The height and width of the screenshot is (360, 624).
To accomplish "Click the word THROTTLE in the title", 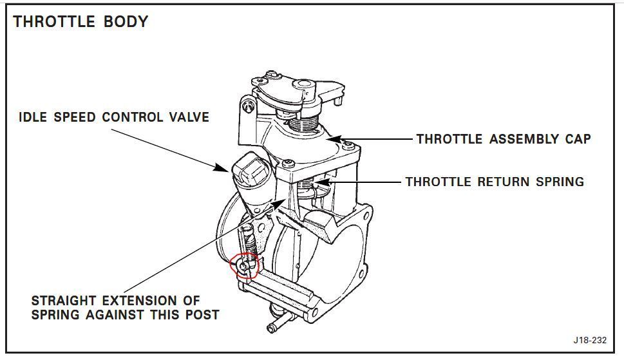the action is point(54,21).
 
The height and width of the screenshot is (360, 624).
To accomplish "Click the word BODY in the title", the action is point(126,21).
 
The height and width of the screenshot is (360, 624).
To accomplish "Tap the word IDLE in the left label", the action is point(32,117).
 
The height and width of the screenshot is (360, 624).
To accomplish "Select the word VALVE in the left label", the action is point(189,117).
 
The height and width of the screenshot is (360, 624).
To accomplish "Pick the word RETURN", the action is point(503,182).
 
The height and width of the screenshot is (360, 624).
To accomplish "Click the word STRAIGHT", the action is point(63,300).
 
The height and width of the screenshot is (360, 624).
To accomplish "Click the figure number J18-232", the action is point(590,340).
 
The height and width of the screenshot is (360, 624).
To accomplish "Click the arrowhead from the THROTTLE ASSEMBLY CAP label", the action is point(334,139).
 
